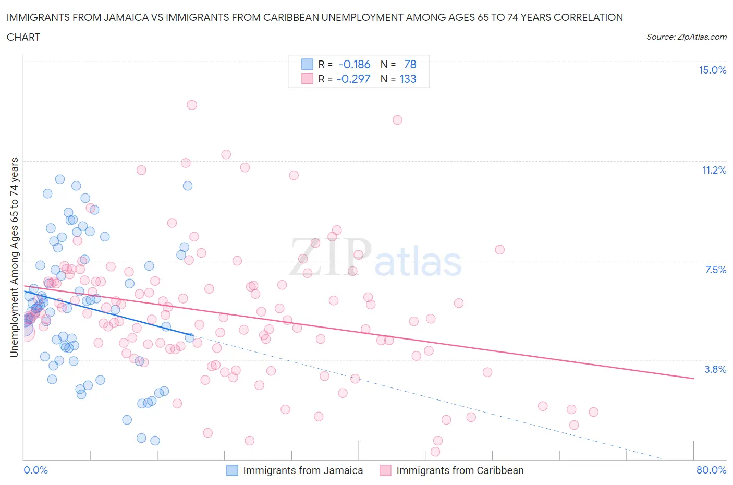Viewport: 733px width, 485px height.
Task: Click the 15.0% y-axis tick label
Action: (x=712, y=70)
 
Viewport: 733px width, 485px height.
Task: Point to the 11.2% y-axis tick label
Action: (x=714, y=170)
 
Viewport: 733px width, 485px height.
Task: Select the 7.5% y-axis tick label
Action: (x=715, y=270)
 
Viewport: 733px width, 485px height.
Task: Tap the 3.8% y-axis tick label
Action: (x=715, y=369)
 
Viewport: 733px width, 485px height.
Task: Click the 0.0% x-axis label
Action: (x=35, y=470)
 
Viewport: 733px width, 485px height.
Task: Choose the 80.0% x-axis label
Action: (x=711, y=470)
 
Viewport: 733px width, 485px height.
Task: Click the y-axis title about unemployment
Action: (x=14, y=258)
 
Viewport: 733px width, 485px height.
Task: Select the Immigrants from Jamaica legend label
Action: (x=303, y=470)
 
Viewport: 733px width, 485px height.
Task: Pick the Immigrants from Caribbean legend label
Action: (x=460, y=470)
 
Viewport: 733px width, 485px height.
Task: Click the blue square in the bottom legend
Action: (x=232, y=470)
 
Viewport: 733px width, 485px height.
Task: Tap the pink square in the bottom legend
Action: (x=385, y=470)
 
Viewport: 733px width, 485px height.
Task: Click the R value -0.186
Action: (x=355, y=64)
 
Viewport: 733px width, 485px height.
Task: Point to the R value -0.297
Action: (x=353, y=79)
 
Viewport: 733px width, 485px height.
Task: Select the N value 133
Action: (x=408, y=79)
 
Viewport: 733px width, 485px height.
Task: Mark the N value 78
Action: (x=410, y=64)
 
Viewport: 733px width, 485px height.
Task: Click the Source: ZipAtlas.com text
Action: (x=686, y=37)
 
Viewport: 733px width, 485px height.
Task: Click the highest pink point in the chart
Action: (x=192, y=105)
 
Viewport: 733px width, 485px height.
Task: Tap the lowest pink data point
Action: (x=435, y=452)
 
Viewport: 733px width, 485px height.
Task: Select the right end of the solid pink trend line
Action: (x=693, y=378)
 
